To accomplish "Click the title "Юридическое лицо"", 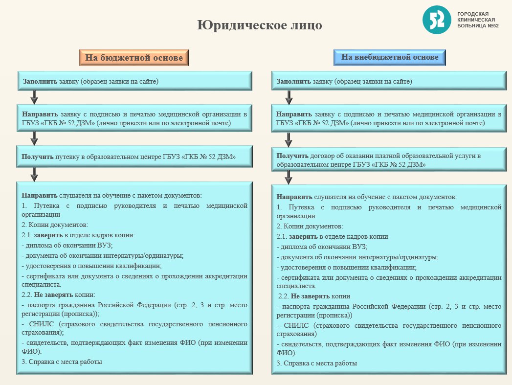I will tap(260, 25).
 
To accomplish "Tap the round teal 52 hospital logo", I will tap(436, 20).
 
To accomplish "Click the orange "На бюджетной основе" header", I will tap(134, 58).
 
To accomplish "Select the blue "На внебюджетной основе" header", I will tap(389, 57).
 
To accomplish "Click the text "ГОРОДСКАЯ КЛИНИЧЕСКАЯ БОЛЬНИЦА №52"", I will tap(477, 20).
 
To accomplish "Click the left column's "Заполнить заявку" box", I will tap(134, 81).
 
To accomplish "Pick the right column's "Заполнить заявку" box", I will tap(389, 81).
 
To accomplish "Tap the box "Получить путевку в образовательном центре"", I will tap(134, 157).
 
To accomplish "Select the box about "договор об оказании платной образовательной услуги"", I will tap(389, 160).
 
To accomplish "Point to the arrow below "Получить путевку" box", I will tap(34, 173).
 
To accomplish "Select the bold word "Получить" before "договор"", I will tap(292, 156).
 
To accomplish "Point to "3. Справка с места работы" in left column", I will tap(62, 362).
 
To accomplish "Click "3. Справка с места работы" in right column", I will tap(316, 363).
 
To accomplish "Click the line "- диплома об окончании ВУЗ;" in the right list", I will tap(322, 247).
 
